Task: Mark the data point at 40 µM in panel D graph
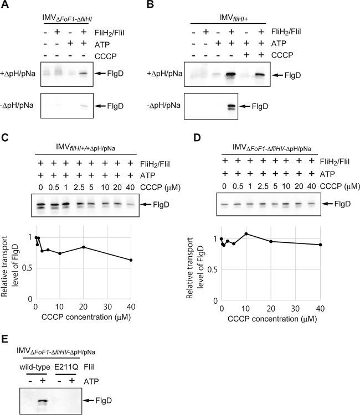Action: pyautogui.click(x=321, y=245)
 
